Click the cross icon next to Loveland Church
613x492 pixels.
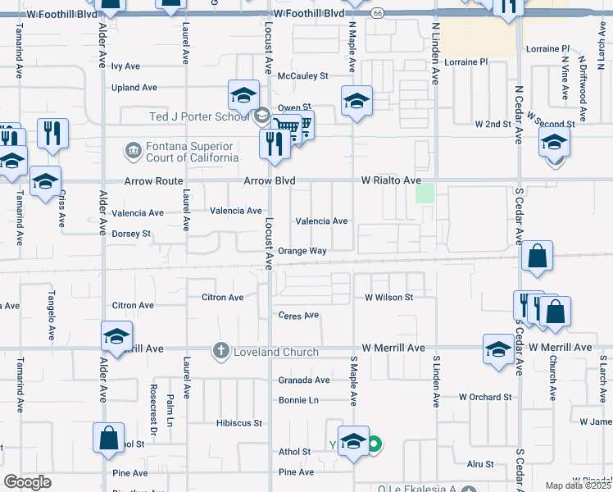220,351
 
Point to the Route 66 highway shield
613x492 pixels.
377,13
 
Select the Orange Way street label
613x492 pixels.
302,251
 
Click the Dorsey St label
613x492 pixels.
131,234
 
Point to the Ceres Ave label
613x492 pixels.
298,315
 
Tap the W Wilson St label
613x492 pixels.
388,297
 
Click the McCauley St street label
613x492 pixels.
302,75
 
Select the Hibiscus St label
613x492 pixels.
238,423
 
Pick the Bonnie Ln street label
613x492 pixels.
298,400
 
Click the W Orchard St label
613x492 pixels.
485,397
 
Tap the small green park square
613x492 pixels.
425,194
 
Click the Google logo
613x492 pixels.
27,482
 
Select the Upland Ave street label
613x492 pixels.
134,88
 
